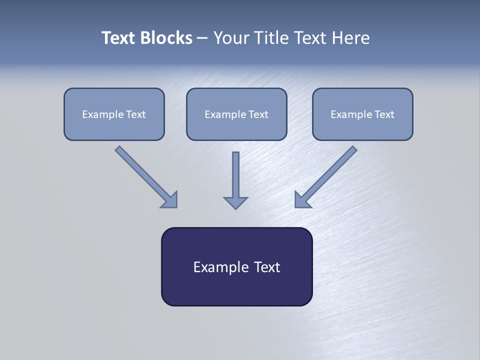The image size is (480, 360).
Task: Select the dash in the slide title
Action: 202,38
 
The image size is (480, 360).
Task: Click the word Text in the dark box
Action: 267,267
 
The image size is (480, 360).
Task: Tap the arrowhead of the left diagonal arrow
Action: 170,200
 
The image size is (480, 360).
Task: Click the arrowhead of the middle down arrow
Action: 235,202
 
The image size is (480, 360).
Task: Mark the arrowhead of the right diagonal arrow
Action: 302,200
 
